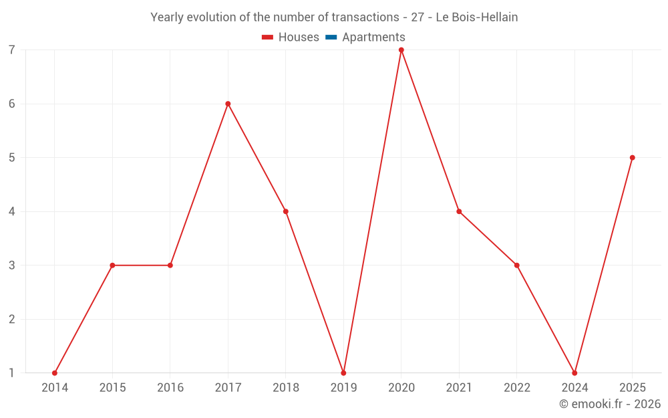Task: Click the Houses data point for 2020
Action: pyautogui.click(x=401, y=50)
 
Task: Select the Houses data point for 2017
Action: pyautogui.click(x=228, y=104)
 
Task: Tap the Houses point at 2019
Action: pyautogui.click(x=343, y=373)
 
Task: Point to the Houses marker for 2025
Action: pyautogui.click(x=632, y=158)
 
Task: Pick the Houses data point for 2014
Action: pyautogui.click(x=55, y=373)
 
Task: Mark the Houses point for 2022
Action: pyautogui.click(x=516, y=266)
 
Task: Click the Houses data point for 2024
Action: pyautogui.click(x=574, y=373)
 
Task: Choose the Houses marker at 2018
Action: pyautogui.click(x=286, y=211)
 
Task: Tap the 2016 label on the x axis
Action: pyautogui.click(x=170, y=388)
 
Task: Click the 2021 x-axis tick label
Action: pyautogui.click(x=459, y=388)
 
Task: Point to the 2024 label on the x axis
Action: pyautogui.click(x=574, y=388)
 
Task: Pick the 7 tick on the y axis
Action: pyautogui.click(x=12, y=50)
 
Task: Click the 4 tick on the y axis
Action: pyautogui.click(x=12, y=211)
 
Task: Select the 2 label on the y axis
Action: pyautogui.click(x=12, y=319)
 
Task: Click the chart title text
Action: pyautogui.click(x=334, y=17)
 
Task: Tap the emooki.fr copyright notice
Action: pyautogui.click(x=609, y=404)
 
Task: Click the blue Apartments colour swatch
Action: pyautogui.click(x=331, y=37)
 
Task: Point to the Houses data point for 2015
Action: pyautogui.click(x=112, y=266)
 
